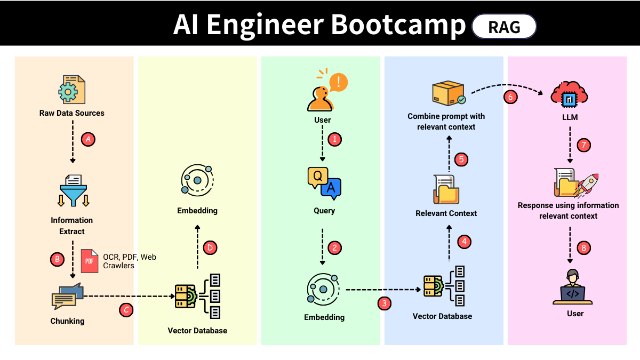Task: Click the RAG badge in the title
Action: [504, 26]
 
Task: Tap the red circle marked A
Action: [88, 139]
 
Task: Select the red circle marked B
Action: [57, 260]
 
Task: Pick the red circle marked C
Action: [126, 309]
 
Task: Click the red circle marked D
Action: [211, 247]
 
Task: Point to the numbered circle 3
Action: [384, 303]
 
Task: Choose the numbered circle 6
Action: [510, 97]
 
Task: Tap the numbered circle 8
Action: [584, 247]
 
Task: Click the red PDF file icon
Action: [90, 261]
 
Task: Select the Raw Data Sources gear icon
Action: [71, 90]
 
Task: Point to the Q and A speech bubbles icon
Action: [324, 183]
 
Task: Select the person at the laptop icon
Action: [572, 287]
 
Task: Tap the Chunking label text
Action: [67, 321]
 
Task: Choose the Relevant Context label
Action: [446, 213]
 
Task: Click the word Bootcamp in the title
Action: [398, 25]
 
